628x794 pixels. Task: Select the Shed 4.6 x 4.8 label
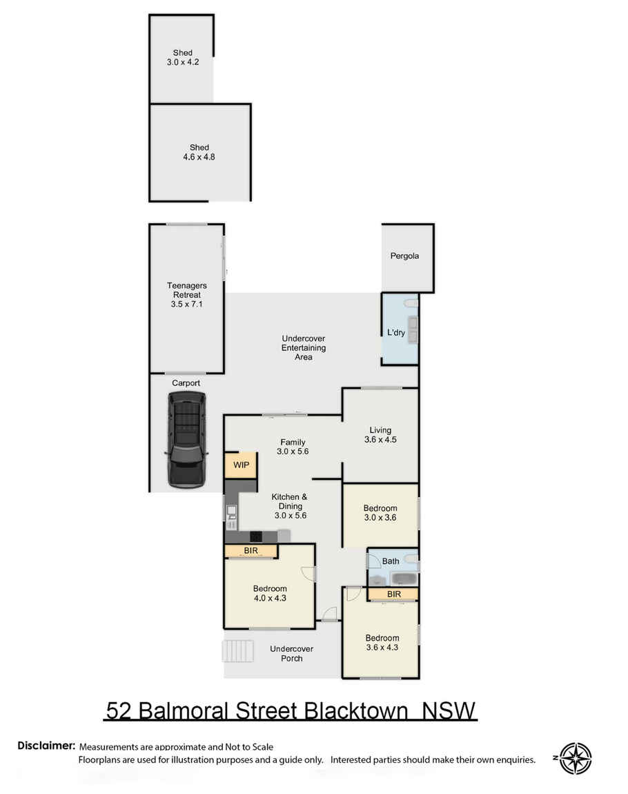click(199, 152)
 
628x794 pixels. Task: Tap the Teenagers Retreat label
click(186, 295)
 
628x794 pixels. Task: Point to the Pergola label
click(404, 256)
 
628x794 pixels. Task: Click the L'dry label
click(395, 333)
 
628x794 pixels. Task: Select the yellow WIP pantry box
click(241, 465)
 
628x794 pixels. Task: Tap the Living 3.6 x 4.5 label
click(381, 435)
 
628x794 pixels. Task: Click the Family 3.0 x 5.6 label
click(293, 447)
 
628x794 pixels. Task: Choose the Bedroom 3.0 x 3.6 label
click(380, 513)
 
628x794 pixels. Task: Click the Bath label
click(390, 561)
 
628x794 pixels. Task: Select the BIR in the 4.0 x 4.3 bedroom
click(251, 551)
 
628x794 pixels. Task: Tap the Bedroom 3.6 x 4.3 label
click(382, 643)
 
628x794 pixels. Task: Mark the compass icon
click(575, 758)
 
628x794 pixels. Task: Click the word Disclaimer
click(46, 746)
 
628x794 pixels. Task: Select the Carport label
click(186, 382)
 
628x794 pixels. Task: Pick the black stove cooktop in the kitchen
click(255, 536)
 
